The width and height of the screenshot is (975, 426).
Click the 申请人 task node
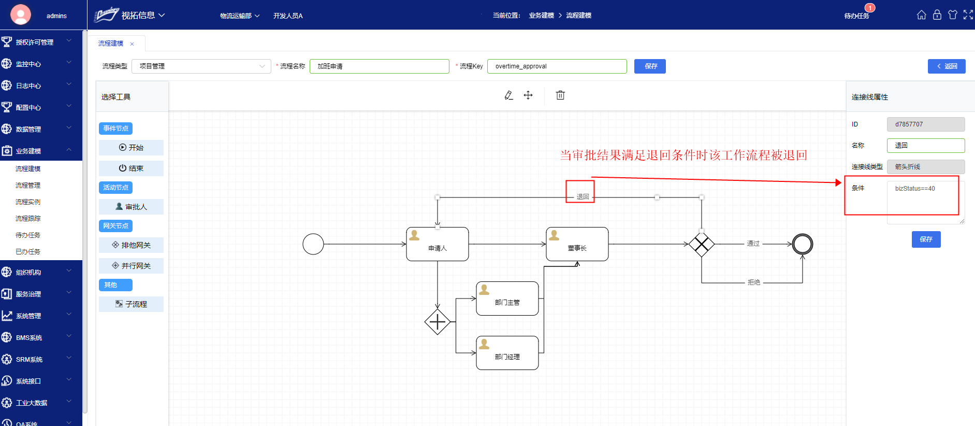click(438, 244)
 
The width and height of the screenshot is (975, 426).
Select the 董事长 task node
click(577, 244)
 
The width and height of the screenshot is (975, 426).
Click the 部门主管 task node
click(507, 299)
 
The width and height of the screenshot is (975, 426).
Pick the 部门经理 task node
click(507, 353)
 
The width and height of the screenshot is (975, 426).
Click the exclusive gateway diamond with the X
click(702, 244)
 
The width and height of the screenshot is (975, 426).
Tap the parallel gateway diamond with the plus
click(438, 322)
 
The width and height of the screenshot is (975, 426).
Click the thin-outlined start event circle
click(313, 244)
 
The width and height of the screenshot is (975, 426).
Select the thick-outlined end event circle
click(803, 244)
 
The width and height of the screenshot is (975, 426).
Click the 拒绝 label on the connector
click(754, 282)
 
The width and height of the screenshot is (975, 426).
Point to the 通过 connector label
click(753, 244)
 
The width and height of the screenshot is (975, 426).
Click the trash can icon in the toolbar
click(560, 95)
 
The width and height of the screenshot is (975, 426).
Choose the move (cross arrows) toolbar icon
click(528, 95)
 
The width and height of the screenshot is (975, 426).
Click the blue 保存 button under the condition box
click(926, 239)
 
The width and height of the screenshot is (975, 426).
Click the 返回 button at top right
click(947, 66)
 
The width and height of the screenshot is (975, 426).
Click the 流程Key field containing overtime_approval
click(557, 66)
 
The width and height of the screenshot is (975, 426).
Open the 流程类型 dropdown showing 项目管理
click(201, 66)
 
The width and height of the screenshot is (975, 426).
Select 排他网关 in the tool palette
click(132, 245)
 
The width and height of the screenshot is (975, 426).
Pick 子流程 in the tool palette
click(132, 304)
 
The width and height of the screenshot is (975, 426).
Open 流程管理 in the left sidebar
click(28, 186)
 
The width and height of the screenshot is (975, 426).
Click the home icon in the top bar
click(922, 15)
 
